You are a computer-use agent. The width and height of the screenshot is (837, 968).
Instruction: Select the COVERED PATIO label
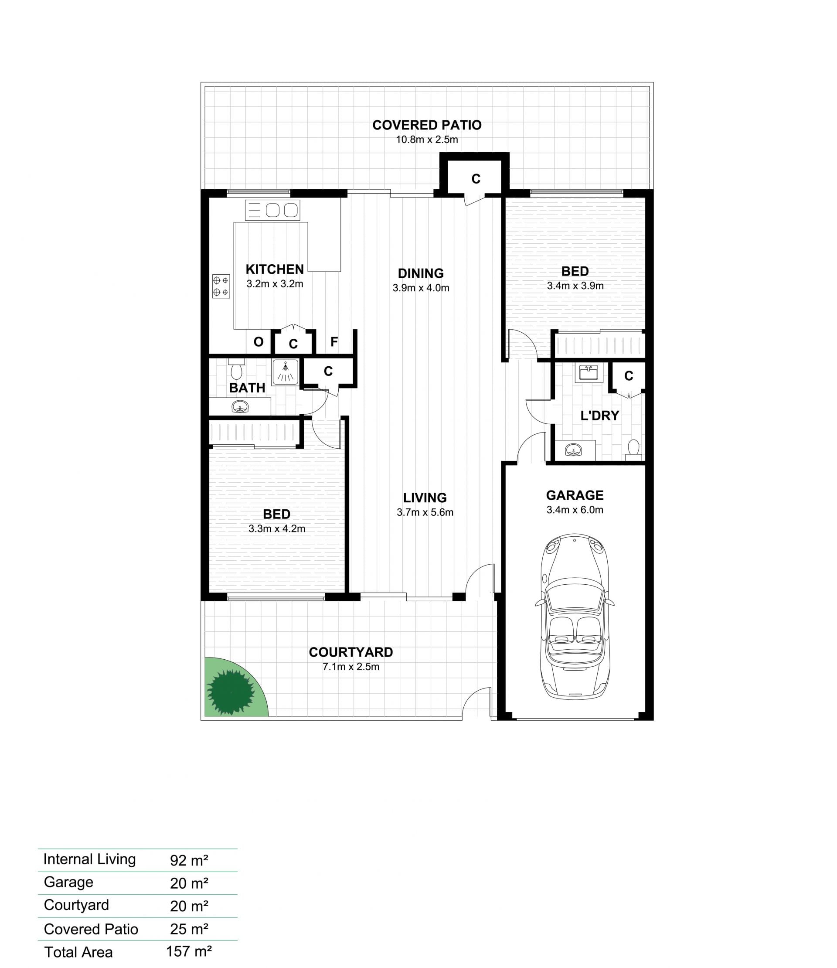coord(427,125)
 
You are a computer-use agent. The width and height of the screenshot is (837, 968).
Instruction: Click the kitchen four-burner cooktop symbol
coord(221,286)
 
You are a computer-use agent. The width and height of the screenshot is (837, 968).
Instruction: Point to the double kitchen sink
coord(273,210)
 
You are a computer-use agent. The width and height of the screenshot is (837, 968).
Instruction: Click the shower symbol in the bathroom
coord(285,372)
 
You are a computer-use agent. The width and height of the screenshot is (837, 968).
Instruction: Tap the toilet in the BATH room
coord(236,369)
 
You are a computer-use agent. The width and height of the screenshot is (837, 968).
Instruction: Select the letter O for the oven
coord(258,342)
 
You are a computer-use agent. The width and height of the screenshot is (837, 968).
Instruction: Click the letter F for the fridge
coord(334,342)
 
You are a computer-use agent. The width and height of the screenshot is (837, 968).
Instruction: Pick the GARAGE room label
coord(575,495)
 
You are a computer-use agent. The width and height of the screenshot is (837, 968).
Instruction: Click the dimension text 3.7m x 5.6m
coord(425,512)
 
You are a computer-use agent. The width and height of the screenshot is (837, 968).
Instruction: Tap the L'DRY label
coord(600,415)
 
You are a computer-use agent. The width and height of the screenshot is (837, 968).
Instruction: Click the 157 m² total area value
coord(189,951)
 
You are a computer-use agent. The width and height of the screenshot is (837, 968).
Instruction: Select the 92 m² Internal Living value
coord(189,860)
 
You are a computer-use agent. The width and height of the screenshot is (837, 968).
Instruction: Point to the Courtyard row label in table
coord(76,905)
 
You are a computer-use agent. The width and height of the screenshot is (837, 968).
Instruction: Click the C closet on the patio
coord(476,179)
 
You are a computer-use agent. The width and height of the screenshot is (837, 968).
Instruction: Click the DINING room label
coord(421,273)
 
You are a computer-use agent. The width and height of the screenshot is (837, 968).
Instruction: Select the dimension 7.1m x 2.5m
coord(351,667)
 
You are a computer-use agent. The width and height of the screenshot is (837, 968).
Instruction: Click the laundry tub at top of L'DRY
coord(589,372)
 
